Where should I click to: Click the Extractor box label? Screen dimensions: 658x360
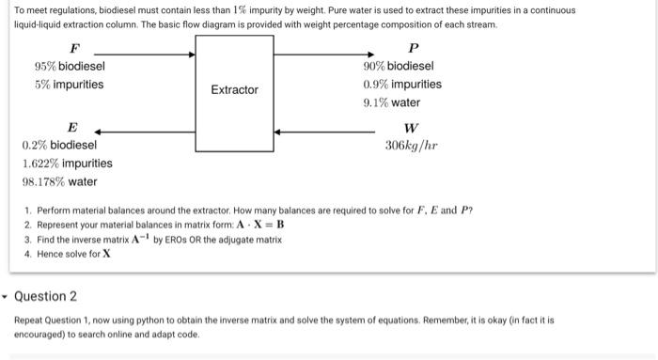234,89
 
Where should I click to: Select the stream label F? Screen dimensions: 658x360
74,47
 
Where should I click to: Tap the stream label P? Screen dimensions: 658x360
414,47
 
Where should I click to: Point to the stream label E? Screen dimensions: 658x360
73,127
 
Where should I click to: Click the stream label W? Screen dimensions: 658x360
411,128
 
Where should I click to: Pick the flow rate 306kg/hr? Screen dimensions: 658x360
412,146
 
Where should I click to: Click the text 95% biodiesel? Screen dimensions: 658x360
70,66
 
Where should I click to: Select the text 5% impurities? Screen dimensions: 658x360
70,85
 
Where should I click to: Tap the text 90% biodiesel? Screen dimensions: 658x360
399,66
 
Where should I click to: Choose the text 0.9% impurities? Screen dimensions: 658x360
402,85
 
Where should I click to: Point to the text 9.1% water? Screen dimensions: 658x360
392,102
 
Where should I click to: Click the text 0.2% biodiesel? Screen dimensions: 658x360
58,145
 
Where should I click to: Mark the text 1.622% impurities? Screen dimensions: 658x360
67,164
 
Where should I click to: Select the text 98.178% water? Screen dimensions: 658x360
59,181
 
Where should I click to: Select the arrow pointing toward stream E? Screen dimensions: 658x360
141,133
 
